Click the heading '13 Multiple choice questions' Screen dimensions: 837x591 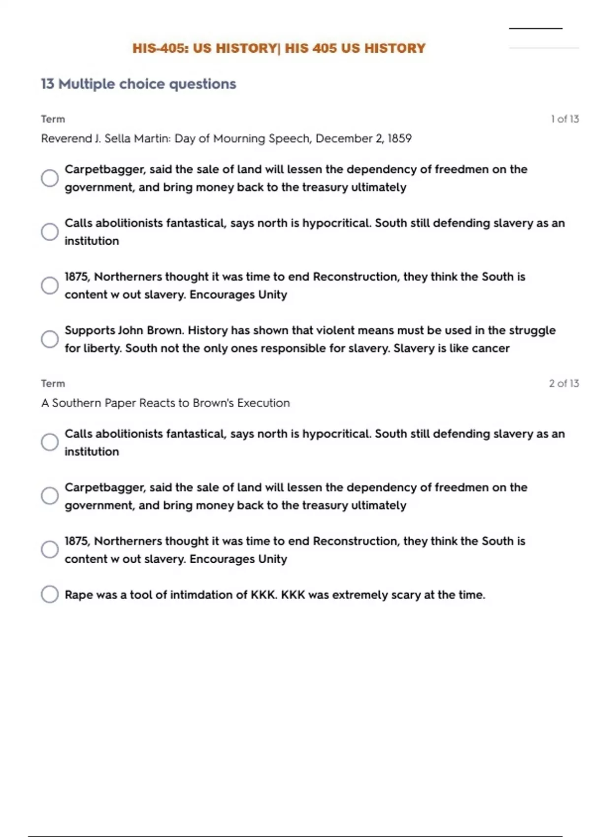pyautogui.click(x=138, y=84)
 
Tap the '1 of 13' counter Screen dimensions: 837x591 pyautogui.click(x=564, y=119)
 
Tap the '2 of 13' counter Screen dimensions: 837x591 pyautogui.click(x=564, y=384)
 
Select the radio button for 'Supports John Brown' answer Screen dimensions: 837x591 pyautogui.click(x=50, y=339)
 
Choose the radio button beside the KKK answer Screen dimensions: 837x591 pyautogui.click(x=50, y=594)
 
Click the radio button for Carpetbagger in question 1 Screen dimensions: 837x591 pyautogui.click(x=50, y=178)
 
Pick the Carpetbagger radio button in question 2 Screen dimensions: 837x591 pyautogui.click(x=50, y=496)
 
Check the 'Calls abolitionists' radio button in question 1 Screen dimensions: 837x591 pyautogui.click(x=50, y=232)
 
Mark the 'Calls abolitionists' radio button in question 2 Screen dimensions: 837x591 pyautogui.click(x=50, y=442)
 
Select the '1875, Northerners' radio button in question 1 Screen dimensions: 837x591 pyautogui.click(x=50, y=286)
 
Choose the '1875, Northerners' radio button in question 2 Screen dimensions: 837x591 pyautogui.click(x=50, y=549)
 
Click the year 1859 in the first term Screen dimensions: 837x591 pyautogui.click(x=399, y=139)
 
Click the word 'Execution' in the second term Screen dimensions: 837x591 pyautogui.click(x=263, y=403)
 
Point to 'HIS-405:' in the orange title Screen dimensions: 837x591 pyautogui.click(x=161, y=48)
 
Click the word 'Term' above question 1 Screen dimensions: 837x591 pyautogui.click(x=53, y=119)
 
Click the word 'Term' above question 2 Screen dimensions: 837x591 pyautogui.click(x=53, y=384)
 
